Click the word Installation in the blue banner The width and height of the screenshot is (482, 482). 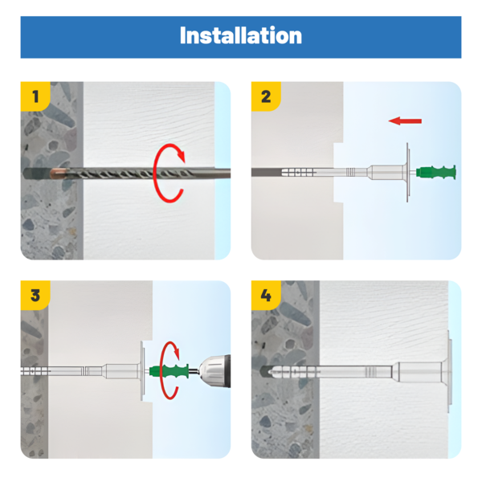pyautogui.click(x=241, y=35)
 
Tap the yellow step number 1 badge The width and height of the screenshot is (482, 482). pyautogui.click(x=35, y=96)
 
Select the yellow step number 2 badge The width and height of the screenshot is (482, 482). pyautogui.click(x=266, y=96)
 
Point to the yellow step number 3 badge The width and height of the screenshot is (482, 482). pyautogui.click(x=35, y=295)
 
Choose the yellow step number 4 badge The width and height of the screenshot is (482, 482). pyautogui.click(x=266, y=295)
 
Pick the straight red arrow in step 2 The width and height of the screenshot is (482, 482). pyautogui.click(x=405, y=120)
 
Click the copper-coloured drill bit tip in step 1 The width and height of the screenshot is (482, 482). pyautogui.click(x=57, y=173)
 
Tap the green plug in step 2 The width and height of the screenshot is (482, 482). pyautogui.click(x=436, y=172)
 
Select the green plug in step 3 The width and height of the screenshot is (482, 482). pyautogui.click(x=169, y=371)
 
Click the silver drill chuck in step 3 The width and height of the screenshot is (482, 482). pyautogui.click(x=214, y=371)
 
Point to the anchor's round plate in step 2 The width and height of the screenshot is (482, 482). pyautogui.click(x=408, y=172)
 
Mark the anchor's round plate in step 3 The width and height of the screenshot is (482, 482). pyautogui.click(x=142, y=371)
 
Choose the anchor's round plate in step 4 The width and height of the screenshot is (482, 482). pyautogui.click(x=450, y=371)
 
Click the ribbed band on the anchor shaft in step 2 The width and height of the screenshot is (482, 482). pyautogui.click(x=351, y=172)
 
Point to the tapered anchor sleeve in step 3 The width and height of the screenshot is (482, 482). pyautogui.click(x=121, y=371)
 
